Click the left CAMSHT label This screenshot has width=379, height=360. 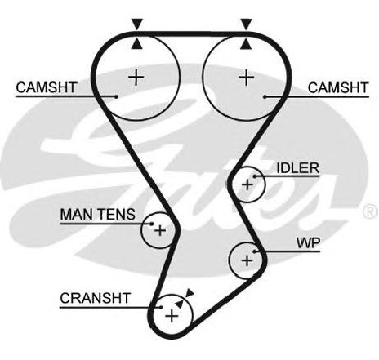47,87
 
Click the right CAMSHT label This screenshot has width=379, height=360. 338,87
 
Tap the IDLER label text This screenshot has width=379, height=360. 297,168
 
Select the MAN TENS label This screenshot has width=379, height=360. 97,215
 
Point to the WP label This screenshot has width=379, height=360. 308,243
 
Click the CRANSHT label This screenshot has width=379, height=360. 95,298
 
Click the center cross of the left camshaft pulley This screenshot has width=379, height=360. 136,78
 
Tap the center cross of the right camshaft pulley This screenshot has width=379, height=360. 247,78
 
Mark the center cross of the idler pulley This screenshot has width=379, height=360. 247,185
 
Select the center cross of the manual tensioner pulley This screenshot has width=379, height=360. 160,231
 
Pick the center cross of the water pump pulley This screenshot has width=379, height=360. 247,261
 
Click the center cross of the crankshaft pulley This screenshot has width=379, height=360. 172,316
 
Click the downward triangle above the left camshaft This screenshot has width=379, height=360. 137,24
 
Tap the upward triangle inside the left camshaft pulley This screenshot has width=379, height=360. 136,44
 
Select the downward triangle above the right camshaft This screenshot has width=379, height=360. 247,24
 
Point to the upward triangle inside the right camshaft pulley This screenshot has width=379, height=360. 246,44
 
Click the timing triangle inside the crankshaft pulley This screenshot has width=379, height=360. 179,304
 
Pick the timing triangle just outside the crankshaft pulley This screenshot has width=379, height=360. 189,293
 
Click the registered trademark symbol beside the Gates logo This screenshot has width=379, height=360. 370,212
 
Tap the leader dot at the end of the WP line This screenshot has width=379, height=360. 255,251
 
